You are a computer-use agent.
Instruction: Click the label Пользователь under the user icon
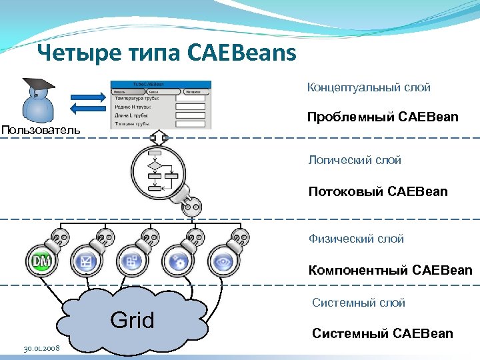pyautogui.click(x=41, y=129)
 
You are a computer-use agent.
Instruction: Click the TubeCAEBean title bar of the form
pyautogui.click(x=160, y=85)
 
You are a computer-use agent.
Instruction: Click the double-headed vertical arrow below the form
pyautogui.click(x=160, y=138)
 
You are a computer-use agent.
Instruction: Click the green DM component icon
pyautogui.click(x=39, y=261)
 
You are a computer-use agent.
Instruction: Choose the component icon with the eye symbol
pyautogui.click(x=223, y=261)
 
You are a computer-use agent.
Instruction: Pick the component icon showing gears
pyautogui.click(x=177, y=261)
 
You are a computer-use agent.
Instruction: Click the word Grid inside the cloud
pyautogui.click(x=131, y=320)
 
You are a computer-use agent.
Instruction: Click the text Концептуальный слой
pyautogui.click(x=369, y=87)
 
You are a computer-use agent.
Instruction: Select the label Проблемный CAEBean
pyautogui.click(x=383, y=117)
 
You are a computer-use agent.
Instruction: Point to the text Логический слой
pyautogui.click(x=355, y=160)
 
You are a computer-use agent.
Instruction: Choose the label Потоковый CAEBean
pyautogui.click(x=378, y=192)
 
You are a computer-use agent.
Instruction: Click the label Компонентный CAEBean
pyautogui.click(x=390, y=270)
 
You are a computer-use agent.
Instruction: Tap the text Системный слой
pyautogui.click(x=359, y=303)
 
